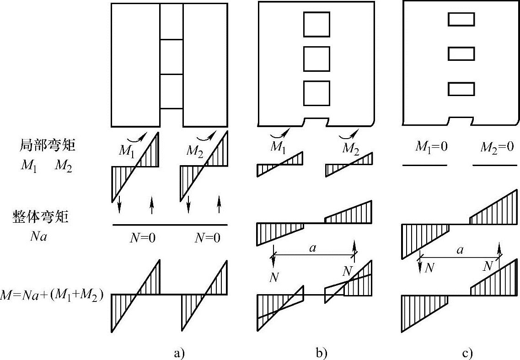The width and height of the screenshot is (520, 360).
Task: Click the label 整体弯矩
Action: pyautogui.click(x=41, y=217)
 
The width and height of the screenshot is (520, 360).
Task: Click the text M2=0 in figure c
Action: pyautogui.click(x=497, y=147)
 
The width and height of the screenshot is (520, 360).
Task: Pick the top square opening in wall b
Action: pyautogui.click(x=316, y=25)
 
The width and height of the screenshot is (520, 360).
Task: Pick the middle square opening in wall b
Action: pyautogui.click(x=316, y=59)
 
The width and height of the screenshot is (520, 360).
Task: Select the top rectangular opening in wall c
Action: pyautogui.click(x=461, y=20)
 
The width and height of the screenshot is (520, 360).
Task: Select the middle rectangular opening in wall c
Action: pyautogui.click(x=461, y=54)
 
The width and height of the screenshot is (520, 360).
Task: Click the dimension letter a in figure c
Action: pyautogui.click(x=460, y=250)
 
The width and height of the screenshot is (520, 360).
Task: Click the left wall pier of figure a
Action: pyautogui.click(x=136, y=64)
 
